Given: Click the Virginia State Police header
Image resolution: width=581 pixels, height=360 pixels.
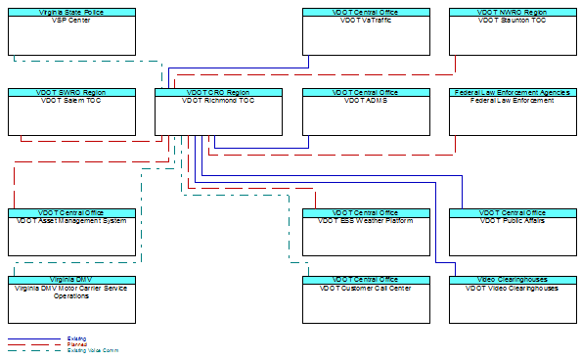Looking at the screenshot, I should tap(71, 12).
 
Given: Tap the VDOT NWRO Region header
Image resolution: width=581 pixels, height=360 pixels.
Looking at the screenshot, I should tap(513, 12).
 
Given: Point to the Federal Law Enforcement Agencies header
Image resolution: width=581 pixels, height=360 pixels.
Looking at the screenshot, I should tap(513, 92).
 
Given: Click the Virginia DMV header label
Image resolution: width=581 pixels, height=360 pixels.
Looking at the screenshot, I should tap(71, 280).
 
